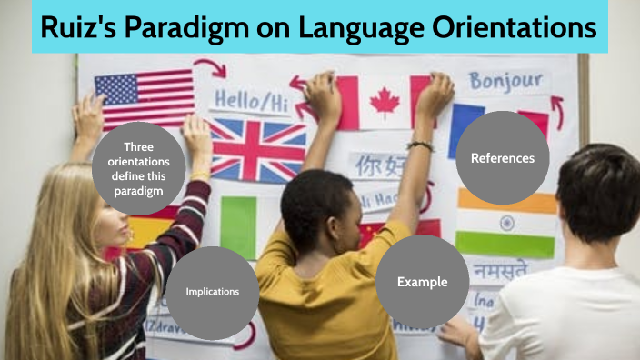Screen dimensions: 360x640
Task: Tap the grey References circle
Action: click(502, 158)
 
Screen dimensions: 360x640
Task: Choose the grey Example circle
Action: click(422, 282)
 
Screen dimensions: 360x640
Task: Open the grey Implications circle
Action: click(212, 292)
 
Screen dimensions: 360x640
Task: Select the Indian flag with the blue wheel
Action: click(505, 223)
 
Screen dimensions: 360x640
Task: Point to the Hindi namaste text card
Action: click(499, 269)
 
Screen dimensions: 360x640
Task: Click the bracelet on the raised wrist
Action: click(420, 145)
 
